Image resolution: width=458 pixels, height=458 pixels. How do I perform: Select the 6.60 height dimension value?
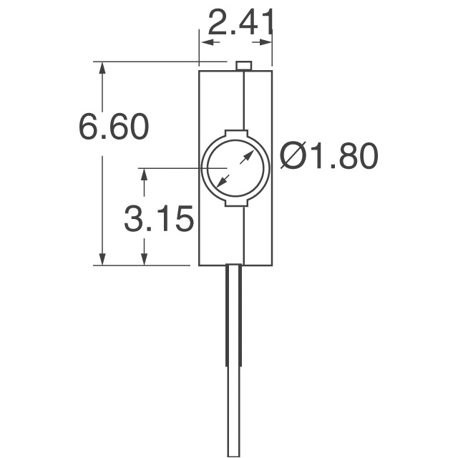[114, 127]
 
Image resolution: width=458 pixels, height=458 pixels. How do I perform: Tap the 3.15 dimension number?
[158, 220]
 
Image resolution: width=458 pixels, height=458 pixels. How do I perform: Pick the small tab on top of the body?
[243, 66]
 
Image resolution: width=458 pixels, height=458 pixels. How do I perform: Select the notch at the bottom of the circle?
[235, 204]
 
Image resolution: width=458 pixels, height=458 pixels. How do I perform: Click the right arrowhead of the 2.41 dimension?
[268, 43]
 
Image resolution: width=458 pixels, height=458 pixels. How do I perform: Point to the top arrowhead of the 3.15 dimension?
[145, 174]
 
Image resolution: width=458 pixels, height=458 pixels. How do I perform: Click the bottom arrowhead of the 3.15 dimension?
[145, 259]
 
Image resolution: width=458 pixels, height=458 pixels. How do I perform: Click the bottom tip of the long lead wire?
[234, 454]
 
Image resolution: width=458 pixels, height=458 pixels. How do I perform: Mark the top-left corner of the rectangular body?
[199, 70]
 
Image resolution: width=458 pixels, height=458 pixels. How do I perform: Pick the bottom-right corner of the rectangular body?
[273, 265]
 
